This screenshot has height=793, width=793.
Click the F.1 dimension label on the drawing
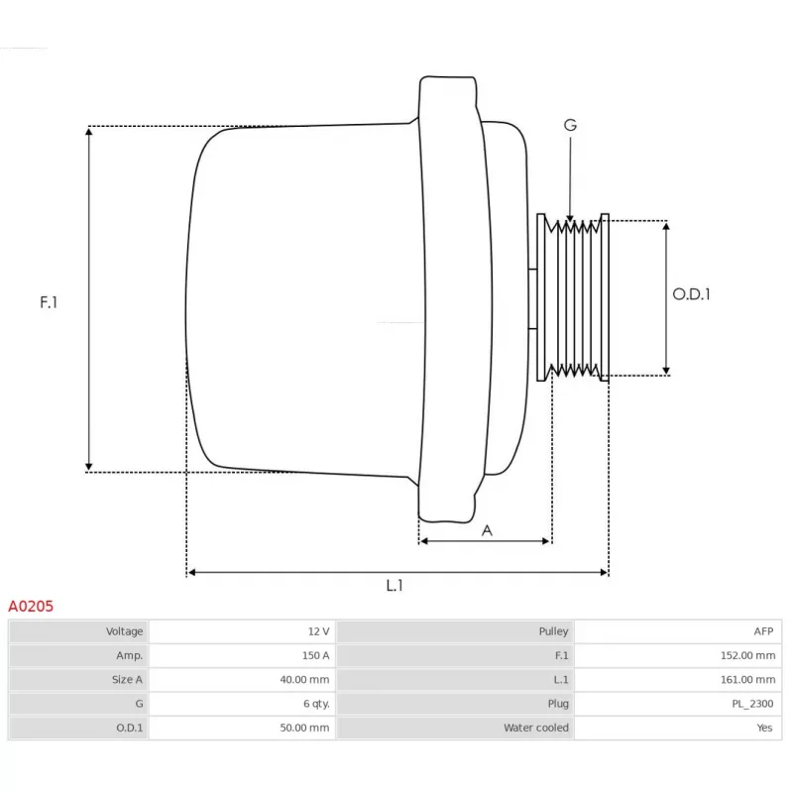[x=49, y=302]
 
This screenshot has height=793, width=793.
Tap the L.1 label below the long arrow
[x=395, y=585]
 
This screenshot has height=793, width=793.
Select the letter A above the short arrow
[x=487, y=530]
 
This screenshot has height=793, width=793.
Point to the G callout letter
[x=570, y=125]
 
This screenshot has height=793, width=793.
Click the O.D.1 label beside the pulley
[x=691, y=294]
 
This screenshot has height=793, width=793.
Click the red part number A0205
[x=31, y=606]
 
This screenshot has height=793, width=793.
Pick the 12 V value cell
[x=318, y=631]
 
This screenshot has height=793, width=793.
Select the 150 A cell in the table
[x=315, y=655]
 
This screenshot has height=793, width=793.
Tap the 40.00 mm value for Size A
[x=304, y=680]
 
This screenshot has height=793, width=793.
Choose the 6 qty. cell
[x=316, y=704]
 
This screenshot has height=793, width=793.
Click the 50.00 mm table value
[x=304, y=728]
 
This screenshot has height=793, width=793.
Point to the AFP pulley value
[x=763, y=631]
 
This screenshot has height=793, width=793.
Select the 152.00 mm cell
[x=748, y=655]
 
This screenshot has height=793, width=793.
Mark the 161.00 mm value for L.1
[x=748, y=680]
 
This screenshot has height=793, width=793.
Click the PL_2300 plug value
[x=752, y=704]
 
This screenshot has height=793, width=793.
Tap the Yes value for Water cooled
[x=764, y=728]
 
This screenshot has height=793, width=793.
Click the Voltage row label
[x=125, y=631]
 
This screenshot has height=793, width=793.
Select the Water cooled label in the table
[x=536, y=728]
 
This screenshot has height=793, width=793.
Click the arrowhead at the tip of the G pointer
[x=570, y=218]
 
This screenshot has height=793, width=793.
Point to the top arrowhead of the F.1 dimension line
[x=89, y=132]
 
